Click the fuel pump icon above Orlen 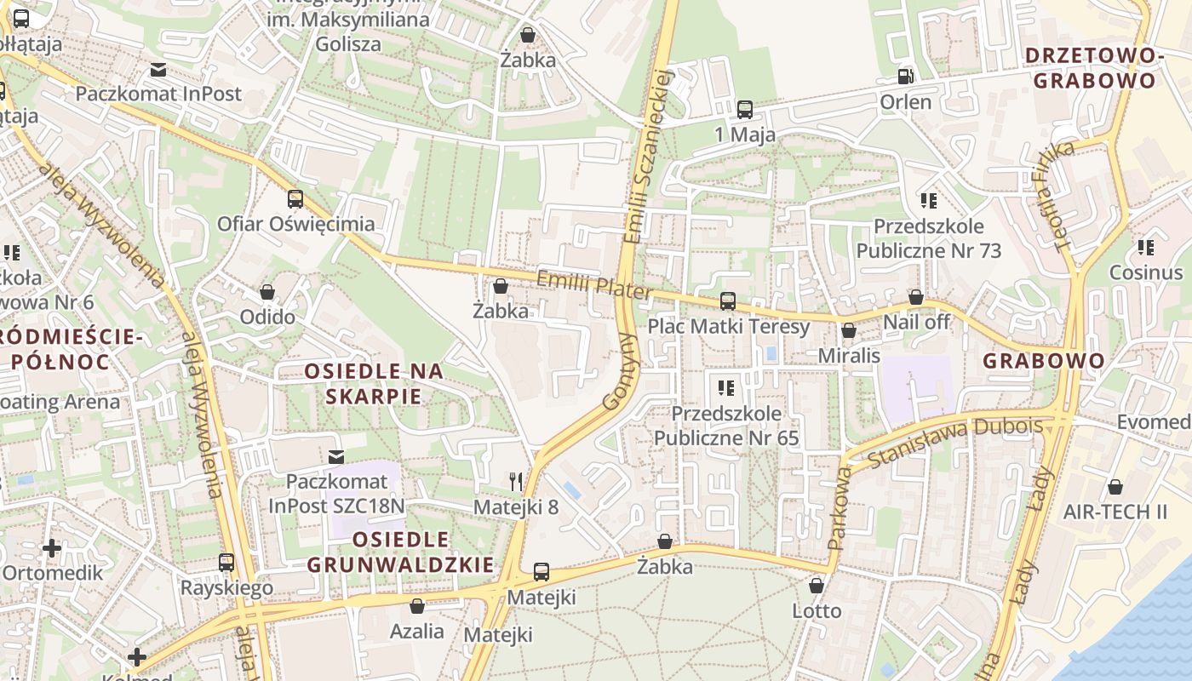pos(905,76)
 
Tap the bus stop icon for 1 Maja pos(745,109)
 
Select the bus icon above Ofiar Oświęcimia pos(295,199)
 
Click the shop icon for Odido pos(267,292)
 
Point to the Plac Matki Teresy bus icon pos(728,300)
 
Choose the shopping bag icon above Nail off pos(916,297)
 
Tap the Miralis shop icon pos(849,330)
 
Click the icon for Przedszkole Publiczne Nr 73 pos(928,201)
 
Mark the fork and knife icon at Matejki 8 pos(516,482)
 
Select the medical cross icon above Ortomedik pos(52,547)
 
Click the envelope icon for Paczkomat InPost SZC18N pos(337,457)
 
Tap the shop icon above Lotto pos(817,586)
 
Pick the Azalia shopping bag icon pos(417,606)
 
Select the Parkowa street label pos(839,507)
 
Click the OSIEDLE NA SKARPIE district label pos(375,383)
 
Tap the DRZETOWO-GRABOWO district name pos(1094,68)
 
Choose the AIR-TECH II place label pos(1115,512)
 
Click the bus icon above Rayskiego pos(226,563)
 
